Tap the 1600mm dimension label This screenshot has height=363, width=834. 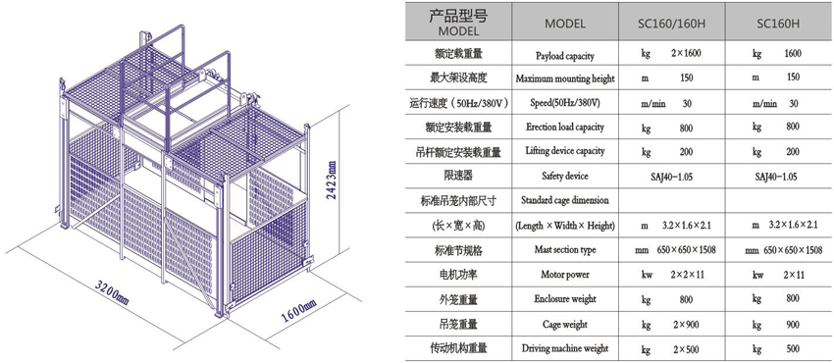click(x=298, y=311)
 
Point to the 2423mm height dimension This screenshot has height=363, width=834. click(x=332, y=181)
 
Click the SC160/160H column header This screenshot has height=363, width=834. click(x=672, y=24)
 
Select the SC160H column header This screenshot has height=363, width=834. click(x=779, y=24)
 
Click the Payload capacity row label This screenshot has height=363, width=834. click(x=565, y=55)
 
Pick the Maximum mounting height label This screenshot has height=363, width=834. click(x=565, y=79)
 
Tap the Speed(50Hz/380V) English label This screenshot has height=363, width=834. click(x=565, y=103)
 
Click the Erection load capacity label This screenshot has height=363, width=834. click(x=565, y=128)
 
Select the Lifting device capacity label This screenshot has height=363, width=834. click(x=565, y=151)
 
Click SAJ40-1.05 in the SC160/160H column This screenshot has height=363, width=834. click(x=672, y=177)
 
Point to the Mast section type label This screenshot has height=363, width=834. click(x=565, y=250)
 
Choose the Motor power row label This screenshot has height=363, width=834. click(x=565, y=275)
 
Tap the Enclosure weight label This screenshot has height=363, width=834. click(x=565, y=299)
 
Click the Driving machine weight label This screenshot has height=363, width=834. click(x=565, y=348)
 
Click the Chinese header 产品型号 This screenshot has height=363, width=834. click(x=458, y=17)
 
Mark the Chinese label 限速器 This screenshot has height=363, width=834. click(x=457, y=177)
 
